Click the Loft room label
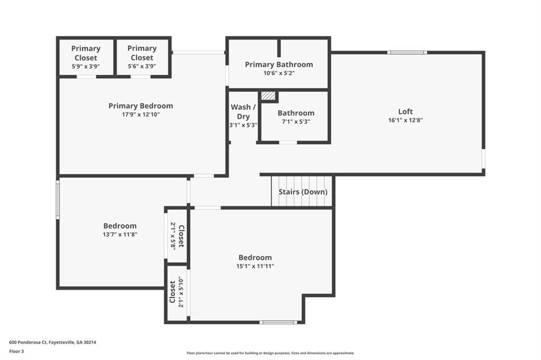405,111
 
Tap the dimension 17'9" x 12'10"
141,115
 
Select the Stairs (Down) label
303,192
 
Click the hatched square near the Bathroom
268,96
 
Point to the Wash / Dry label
243,112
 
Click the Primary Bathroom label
279,64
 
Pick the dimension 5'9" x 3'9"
86,67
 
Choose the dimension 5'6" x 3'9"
142,66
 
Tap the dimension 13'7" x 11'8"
120,234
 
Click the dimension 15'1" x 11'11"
255,266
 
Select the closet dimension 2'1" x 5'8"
173,236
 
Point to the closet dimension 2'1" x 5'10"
181,292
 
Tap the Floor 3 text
16,352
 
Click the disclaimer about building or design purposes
270,353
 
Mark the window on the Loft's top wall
407,52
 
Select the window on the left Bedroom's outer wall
58,200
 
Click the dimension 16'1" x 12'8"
405,120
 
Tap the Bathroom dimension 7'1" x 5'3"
296,122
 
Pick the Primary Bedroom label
141,106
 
